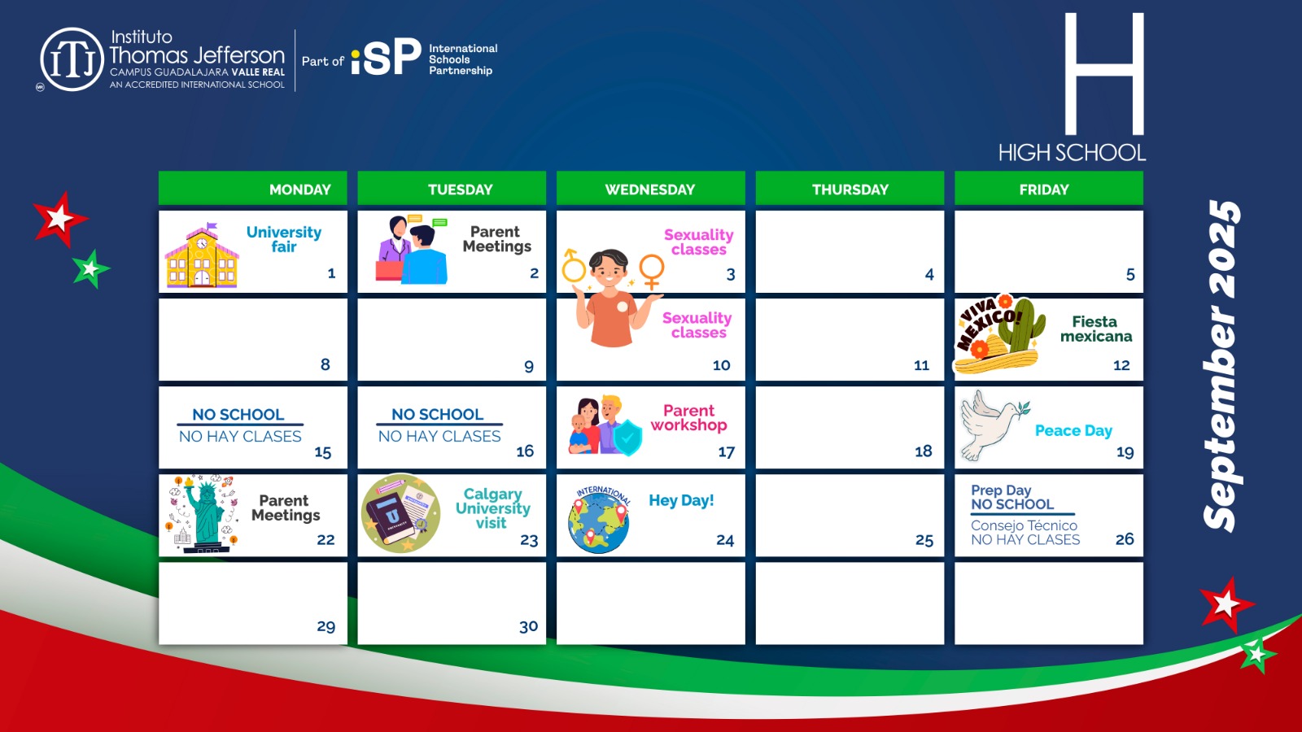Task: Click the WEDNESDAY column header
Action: pos(650,189)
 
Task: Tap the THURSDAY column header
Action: pos(850,189)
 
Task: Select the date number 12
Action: pos(1121,365)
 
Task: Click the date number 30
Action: pos(528,626)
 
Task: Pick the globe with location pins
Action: pos(599,520)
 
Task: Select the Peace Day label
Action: pos(1073,430)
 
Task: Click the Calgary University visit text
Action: pos(492,508)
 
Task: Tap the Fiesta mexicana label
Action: pos(1095,329)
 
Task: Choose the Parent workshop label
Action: pos(688,418)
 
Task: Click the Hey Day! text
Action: pos(681,500)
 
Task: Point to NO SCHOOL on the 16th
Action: pos(437,414)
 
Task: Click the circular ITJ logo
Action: pos(72,59)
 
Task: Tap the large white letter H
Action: pos(1104,74)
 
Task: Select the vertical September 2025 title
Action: pos(1221,366)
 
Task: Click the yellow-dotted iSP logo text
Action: pos(386,57)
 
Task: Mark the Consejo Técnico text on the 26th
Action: pos(1024,525)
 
